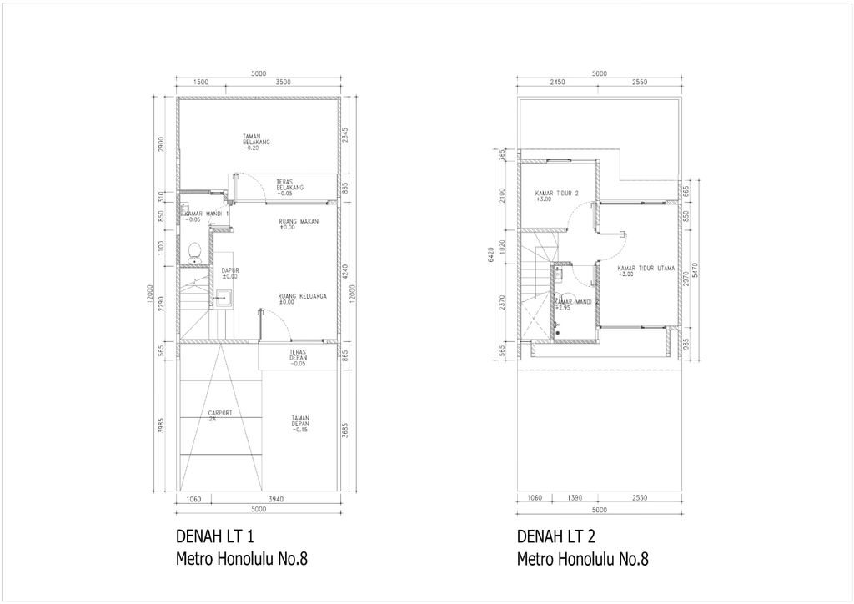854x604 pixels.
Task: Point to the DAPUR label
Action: click(x=230, y=272)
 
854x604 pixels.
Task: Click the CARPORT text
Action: click(x=219, y=415)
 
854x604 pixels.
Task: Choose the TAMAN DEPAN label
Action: click(x=301, y=423)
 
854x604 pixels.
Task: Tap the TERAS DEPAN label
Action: click(x=297, y=357)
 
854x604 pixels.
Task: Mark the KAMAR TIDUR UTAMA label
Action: click(x=646, y=270)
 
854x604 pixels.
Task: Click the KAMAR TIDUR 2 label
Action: click(x=556, y=195)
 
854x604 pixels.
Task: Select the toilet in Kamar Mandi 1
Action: click(x=194, y=249)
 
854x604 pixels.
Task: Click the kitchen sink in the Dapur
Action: click(x=224, y=296)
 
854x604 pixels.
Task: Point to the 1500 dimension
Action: click(x=200, y=83)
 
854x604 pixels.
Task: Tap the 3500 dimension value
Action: click(x=283, y=83)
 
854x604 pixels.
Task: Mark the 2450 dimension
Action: click(x=558, y=83)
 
